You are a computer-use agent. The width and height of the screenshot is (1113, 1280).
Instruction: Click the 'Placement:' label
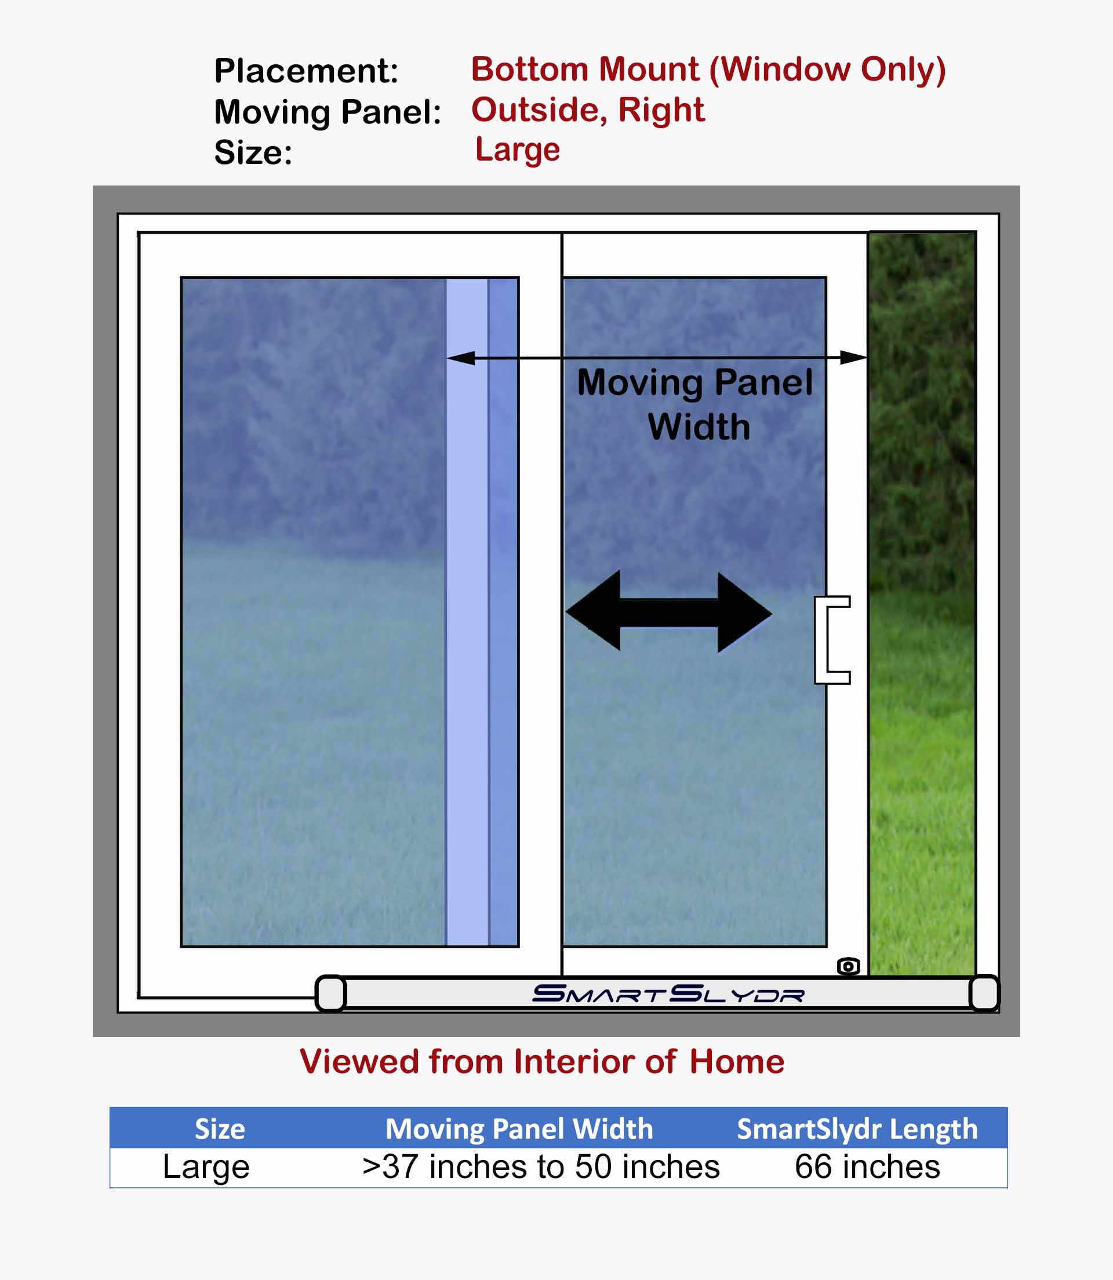305,70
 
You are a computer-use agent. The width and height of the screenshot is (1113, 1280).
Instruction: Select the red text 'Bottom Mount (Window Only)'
708,69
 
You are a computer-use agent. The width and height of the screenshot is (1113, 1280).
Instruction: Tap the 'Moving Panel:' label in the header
328,112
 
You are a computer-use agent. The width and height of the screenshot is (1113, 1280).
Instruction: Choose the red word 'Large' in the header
517,150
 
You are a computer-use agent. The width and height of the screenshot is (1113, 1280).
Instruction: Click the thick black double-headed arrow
668,612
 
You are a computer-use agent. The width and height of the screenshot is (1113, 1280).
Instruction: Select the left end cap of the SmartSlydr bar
330,993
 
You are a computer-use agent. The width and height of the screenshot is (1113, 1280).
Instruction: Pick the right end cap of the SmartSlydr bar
984,993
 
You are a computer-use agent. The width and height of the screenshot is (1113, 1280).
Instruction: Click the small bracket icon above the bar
849,966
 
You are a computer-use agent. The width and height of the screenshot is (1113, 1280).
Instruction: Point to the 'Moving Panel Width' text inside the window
695,403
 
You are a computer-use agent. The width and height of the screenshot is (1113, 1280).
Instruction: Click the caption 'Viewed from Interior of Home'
541,1061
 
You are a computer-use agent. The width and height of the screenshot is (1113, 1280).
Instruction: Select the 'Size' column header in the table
220,1129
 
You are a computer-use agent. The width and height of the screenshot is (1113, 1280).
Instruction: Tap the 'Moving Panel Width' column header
519,1129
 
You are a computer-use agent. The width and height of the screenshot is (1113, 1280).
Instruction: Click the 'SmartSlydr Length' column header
857,1129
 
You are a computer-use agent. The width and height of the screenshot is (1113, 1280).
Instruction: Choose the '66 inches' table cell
868,1166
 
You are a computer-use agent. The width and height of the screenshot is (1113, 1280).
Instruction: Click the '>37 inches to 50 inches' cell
541,1166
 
